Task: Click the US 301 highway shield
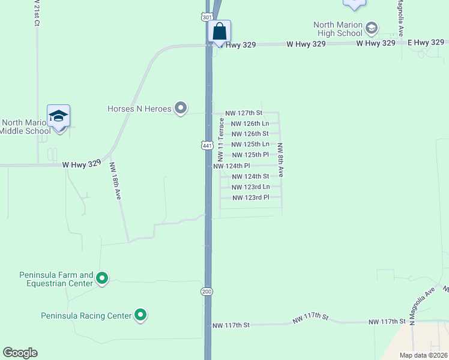tap(207, 17)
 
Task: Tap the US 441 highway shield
tap(207, 145)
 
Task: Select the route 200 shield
tap(207, 291)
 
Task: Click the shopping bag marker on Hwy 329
tap(220, 32)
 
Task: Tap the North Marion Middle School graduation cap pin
tap(59, 115)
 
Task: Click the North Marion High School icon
tap(372, 28)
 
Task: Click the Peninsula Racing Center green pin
tap(140, 314)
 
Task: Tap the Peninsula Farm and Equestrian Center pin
tap(102, 278)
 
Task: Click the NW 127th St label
tap(244, 113)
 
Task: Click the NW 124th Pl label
tap(232, 166)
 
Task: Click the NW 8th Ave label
tap(280, 160)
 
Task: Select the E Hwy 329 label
tap(427, 43)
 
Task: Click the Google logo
tap(20, 353)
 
